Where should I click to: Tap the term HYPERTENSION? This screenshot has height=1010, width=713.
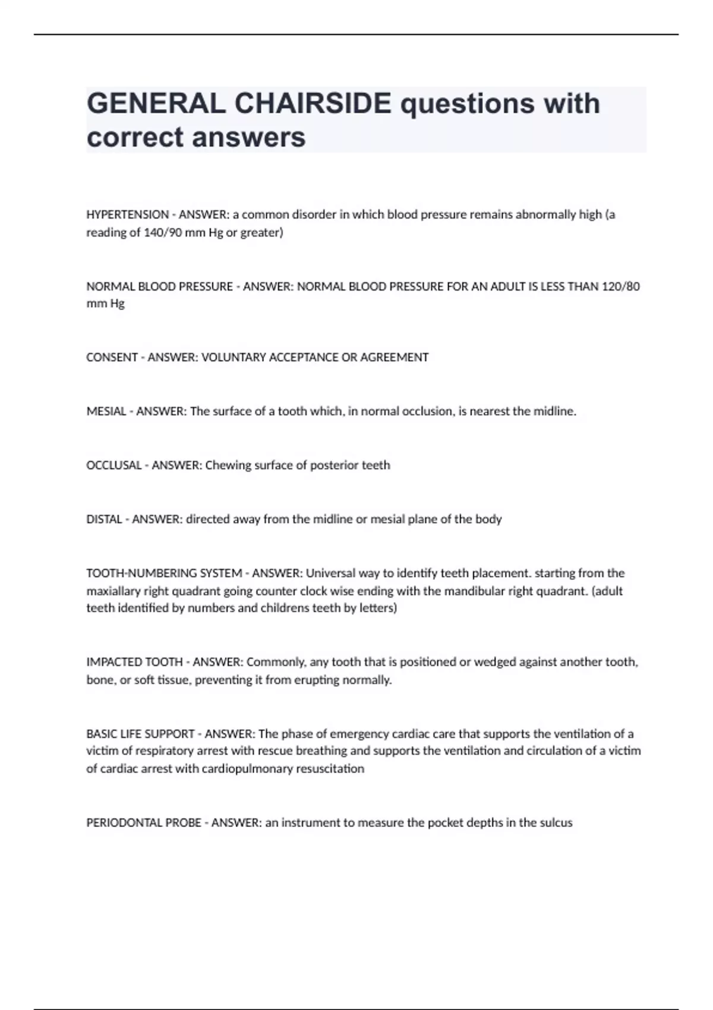tap(127, 214)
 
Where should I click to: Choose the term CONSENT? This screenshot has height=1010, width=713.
tap(112, 358)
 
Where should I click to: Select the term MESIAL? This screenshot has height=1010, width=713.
tap(106, 411)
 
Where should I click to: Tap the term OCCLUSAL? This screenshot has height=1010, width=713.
tap(114, 465)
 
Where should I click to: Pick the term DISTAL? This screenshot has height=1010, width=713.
tap(104, 519)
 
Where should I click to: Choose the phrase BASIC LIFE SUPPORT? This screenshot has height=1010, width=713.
tap(140, 734)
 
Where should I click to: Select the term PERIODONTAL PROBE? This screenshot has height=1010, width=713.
tap(144, 823)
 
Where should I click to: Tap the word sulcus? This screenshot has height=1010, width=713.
tap(556, 823)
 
